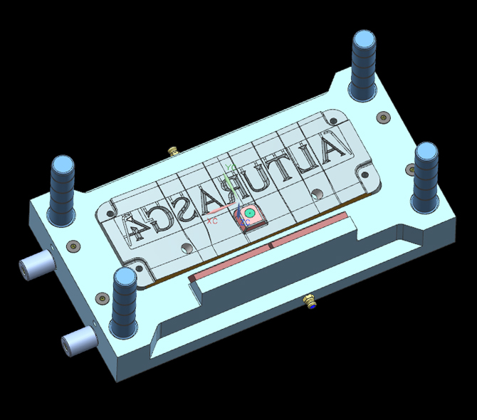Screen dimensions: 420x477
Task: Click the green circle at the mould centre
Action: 249,213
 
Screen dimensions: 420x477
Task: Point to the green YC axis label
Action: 229,168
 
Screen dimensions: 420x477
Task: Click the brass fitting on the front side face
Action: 310,301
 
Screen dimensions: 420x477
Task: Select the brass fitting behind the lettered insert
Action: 172,151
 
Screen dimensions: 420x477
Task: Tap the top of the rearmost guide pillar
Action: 364,40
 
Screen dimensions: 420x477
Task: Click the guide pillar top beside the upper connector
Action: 61,166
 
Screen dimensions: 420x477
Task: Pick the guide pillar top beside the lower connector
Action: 125,278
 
